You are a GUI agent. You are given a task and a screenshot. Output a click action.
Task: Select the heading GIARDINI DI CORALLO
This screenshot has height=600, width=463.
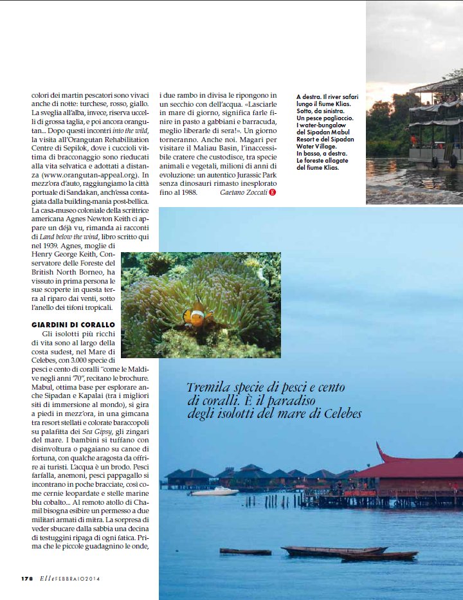tap(73, 325)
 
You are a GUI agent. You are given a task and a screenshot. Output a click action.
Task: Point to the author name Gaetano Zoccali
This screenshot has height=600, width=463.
tap(243, 192)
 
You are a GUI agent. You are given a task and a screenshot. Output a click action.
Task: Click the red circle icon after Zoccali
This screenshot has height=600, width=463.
tap(273, 192)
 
